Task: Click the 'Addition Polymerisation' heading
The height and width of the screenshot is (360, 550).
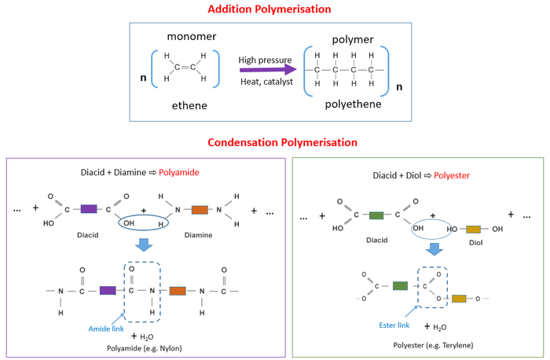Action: point(269,9)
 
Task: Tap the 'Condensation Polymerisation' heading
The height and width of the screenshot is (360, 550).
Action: point(282,142)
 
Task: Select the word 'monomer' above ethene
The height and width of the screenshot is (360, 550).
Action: point(192,36)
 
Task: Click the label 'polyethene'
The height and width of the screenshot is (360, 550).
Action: point(353,105)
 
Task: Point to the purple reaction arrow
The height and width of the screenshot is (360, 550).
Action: point(268,70)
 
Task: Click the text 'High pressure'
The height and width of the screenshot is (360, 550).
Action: point(266,60)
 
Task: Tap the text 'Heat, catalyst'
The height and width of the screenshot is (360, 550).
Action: point(266,82)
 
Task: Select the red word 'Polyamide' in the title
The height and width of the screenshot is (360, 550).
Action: point(179,172)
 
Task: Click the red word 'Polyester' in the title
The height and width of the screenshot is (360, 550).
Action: point(452,175)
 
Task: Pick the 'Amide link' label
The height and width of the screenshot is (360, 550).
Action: point(106,329)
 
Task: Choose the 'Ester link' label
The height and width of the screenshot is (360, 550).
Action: point(394,325)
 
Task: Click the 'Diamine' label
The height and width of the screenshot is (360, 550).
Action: point(198,235)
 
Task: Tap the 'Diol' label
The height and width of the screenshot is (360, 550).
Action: point(475,243)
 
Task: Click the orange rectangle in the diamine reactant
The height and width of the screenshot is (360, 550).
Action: point(200,210)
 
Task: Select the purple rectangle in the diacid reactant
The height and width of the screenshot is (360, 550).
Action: point(89,209)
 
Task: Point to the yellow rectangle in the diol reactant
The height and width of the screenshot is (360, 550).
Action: point(473,230)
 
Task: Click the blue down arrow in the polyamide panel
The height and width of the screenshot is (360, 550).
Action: point(144,245)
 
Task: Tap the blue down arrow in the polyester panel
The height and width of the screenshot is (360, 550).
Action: point(434,249)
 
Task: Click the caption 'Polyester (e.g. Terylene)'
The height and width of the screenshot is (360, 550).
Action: point(433,345)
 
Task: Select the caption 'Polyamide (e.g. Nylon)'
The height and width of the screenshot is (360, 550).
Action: point(144,348)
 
